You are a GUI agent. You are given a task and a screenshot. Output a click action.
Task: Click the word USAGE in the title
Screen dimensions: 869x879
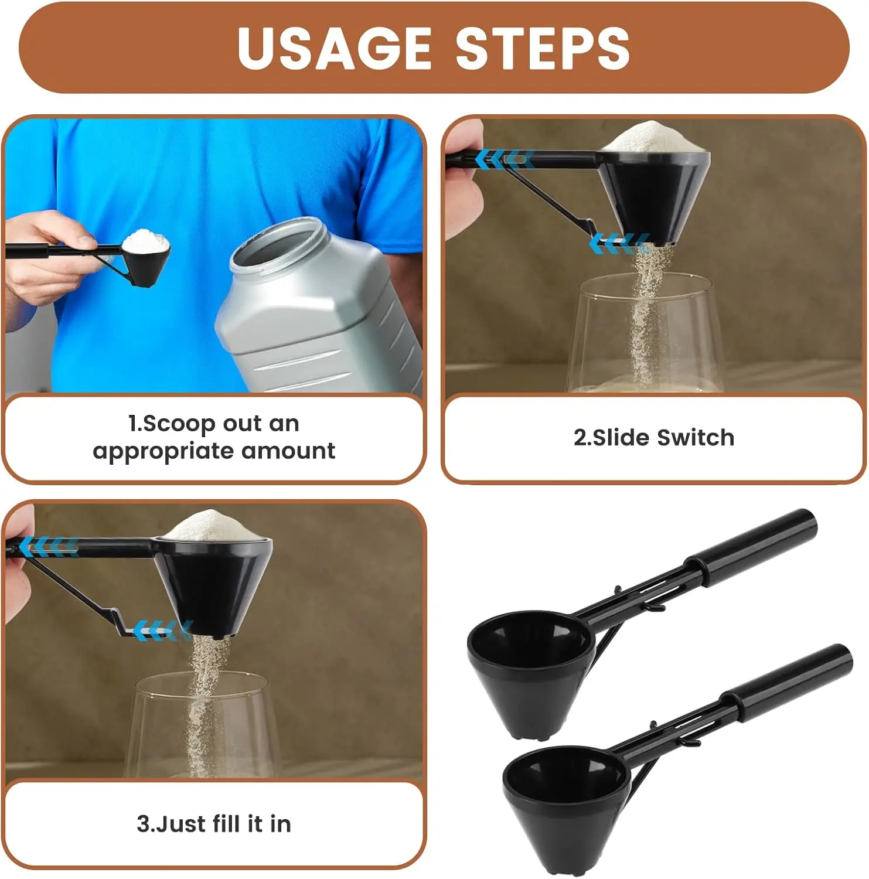(334, 48)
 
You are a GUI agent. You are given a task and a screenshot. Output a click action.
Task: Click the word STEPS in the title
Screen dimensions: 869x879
(542, 48)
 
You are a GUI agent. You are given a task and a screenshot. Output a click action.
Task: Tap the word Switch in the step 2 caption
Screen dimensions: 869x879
(696, 438)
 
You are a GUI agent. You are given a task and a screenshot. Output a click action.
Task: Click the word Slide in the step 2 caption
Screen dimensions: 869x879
(622, 438)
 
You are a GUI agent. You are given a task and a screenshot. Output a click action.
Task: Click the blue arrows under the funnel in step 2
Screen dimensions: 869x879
(619, 243)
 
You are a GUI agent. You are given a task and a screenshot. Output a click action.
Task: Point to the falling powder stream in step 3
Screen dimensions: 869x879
(202, 703)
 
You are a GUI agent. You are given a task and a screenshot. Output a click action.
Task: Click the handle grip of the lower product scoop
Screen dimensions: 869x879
(788, 682)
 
